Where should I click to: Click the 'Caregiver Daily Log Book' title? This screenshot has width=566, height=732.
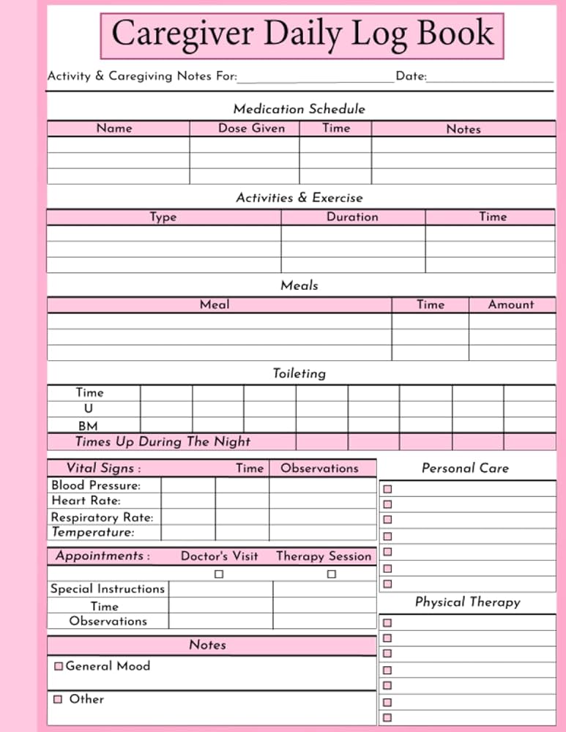(302, 34)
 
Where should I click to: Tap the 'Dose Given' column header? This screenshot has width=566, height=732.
(251, 128)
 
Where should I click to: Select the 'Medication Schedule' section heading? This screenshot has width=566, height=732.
(299, 109)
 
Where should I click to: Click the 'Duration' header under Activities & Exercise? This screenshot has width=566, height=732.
(352, 217)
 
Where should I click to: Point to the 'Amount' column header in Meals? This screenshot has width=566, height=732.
(511, 305)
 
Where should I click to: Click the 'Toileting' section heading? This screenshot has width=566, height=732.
(299, 373)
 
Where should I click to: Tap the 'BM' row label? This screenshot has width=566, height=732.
(88, 426)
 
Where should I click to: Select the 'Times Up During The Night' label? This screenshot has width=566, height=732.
(163, 441)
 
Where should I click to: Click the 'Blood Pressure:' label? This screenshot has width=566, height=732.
(96, 485)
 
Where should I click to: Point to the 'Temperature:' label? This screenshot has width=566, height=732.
(93, 532)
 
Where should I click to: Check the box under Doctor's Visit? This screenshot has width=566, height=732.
(218, 575)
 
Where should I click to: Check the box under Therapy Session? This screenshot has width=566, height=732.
(331, 575)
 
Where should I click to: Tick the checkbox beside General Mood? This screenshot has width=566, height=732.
(59, 666)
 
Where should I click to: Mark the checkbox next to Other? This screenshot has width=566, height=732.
(57, 699)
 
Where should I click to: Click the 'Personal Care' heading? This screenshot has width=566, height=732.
(465, 468)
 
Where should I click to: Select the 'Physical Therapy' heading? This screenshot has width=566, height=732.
(467, 602)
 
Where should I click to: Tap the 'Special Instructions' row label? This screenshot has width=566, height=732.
(108, 589)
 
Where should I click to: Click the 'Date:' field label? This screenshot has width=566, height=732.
(411, 76)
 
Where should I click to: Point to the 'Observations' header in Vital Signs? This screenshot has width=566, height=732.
(319, 468)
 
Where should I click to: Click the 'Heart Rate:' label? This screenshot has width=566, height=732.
(86, 501)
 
